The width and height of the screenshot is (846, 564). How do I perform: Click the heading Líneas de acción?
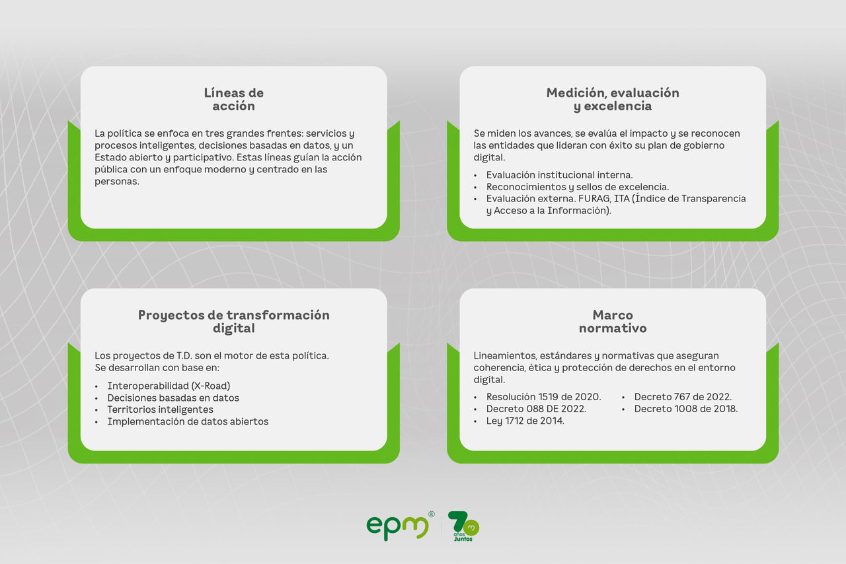233,99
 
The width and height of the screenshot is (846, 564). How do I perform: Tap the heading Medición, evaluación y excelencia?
613,99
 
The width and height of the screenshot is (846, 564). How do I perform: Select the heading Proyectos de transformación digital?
233,322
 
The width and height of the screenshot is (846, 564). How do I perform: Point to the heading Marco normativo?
613,322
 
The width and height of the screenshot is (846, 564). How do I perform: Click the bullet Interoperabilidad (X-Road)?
169,386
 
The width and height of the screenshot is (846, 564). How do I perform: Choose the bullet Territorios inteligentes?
160,409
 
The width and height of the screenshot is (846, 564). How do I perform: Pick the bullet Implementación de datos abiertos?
188,421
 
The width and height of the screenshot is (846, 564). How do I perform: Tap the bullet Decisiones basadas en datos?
173,398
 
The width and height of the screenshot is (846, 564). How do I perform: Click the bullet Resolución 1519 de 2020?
543,397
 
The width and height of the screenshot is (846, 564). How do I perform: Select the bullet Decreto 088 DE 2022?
536,409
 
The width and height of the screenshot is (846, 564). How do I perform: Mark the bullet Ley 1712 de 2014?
525,421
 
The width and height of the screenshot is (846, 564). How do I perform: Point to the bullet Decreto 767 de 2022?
683,397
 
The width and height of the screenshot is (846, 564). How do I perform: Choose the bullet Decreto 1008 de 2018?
685,409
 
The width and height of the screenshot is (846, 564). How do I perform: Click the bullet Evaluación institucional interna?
559,175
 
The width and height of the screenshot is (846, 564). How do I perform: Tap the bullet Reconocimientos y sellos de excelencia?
577,187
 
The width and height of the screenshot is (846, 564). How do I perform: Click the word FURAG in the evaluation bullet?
594,199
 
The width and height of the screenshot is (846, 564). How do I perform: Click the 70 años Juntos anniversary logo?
463,526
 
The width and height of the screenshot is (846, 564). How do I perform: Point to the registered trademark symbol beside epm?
432,514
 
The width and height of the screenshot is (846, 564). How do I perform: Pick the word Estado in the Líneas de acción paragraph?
109,157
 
